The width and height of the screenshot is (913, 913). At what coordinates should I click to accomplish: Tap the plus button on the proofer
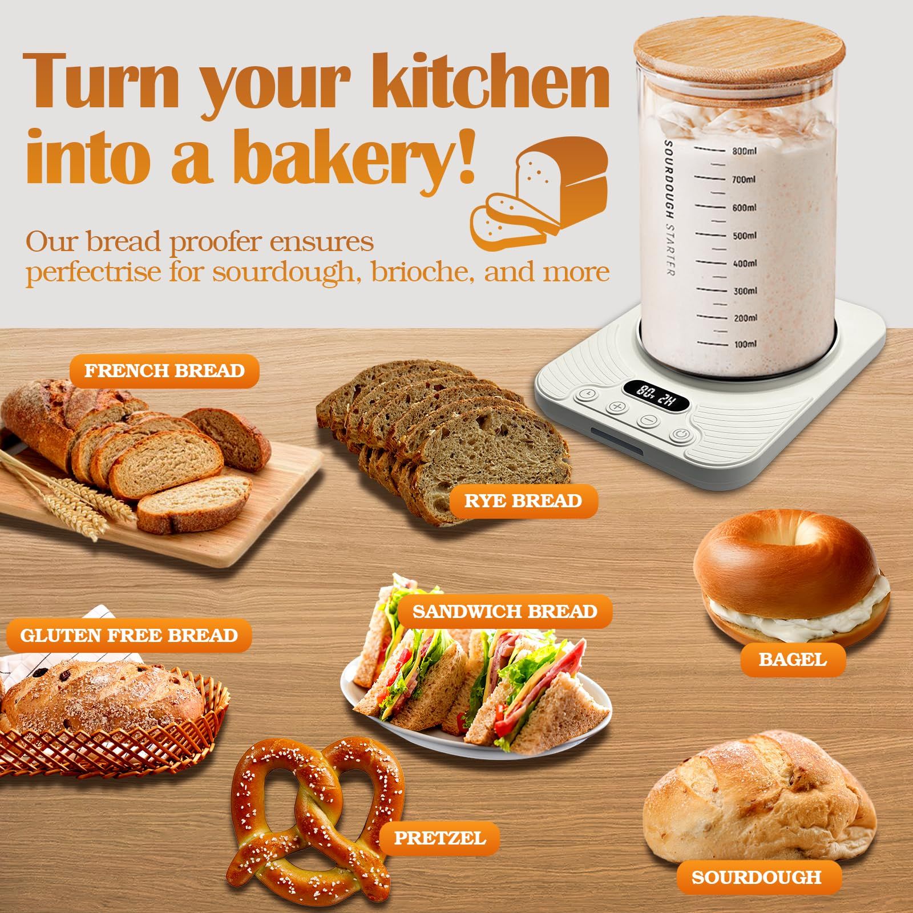tap(617, 407)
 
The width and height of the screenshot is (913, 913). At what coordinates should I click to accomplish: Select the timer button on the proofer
tap(587, 394)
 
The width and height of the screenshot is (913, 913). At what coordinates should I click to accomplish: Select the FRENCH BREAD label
tap(164, 371)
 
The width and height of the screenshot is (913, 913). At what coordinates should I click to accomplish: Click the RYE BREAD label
tap(523, 501)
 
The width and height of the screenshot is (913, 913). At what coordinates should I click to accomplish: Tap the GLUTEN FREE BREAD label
tap(129, 635)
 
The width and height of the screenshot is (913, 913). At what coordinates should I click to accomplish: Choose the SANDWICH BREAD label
tap(505, 612)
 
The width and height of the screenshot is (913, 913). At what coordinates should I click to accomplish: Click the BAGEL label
tap(793, 660)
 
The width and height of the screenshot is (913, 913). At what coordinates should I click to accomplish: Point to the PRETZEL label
tap(440, 838)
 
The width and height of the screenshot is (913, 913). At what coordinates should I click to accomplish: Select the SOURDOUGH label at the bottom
tap(756, 877)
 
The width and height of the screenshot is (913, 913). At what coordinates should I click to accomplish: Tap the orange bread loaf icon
tap(539, 194)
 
